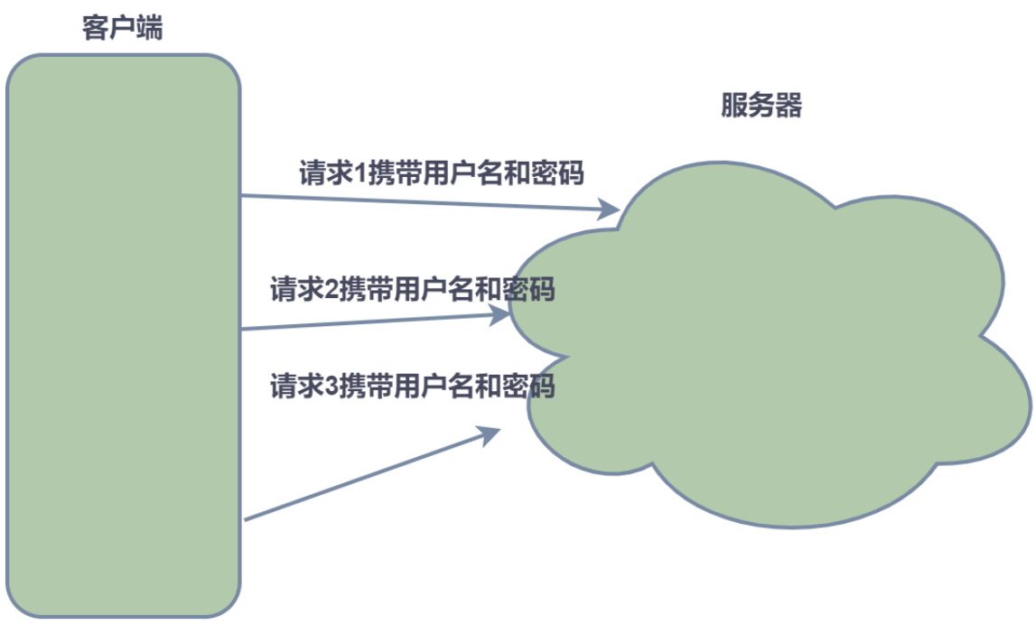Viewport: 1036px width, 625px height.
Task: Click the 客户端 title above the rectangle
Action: (x=122, y=28)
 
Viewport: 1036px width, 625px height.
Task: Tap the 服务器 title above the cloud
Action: (x=761, y=106)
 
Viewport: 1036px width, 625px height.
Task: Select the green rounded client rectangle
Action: (x=124, y=334)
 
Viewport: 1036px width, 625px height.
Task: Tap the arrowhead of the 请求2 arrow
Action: (x=499, y=315)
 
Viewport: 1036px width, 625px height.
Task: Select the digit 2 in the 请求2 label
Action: (x=331, y=291)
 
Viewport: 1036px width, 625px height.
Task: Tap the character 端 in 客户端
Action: (x=149, y=28)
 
